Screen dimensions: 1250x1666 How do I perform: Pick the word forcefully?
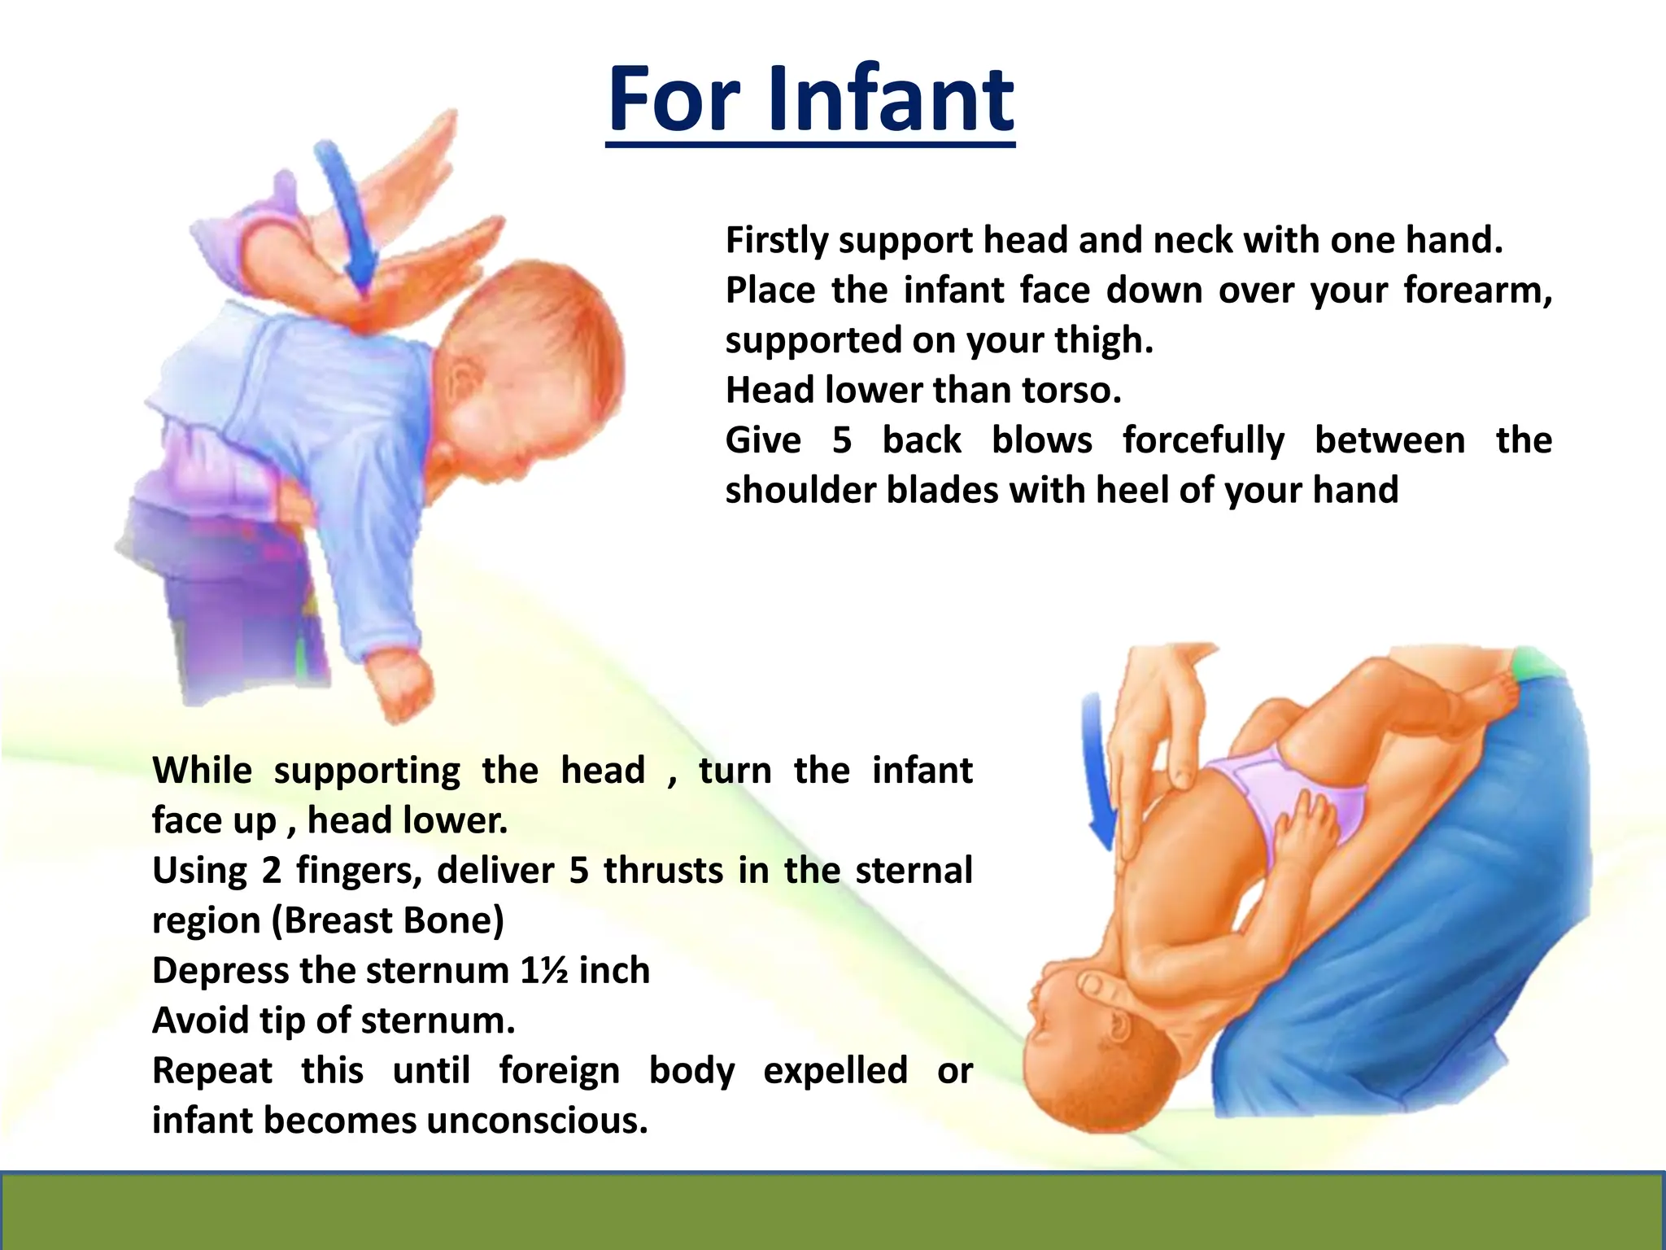(1203, 441)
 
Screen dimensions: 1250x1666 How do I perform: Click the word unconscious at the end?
(537, 1121)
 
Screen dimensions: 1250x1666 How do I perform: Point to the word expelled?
(835, 1071)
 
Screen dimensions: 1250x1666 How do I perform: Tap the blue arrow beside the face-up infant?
(1100, 773)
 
